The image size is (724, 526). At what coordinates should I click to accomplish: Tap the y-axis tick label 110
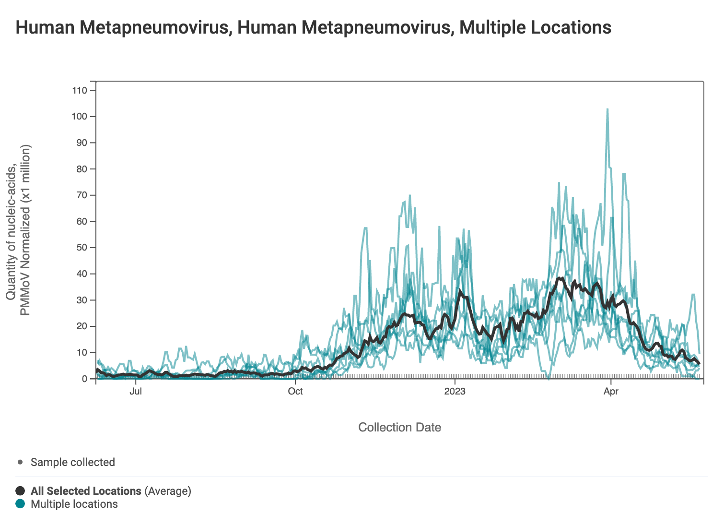tap(80, 90)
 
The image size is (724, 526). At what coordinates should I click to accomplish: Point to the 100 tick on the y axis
tap(80, 117)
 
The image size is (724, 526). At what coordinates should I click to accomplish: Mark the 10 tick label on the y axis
tap(82, 353)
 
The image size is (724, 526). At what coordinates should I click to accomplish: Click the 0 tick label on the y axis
tap(84, 379)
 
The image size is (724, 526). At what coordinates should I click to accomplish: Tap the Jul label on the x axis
tap(136, 392)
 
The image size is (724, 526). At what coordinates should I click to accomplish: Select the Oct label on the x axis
tap(295, 392)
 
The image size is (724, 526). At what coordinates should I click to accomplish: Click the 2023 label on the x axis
tap(455, 392)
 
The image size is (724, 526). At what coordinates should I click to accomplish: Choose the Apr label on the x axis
tap(611, 392)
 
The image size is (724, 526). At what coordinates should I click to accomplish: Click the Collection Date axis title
tap(399, 427)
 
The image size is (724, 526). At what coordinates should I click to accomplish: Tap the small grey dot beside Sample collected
tap(20, 462)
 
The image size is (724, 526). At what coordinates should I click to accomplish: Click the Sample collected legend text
tap(73, 462)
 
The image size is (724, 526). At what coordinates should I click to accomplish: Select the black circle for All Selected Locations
tap(20, 491)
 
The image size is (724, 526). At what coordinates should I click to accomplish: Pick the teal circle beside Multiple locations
tap(20, 504)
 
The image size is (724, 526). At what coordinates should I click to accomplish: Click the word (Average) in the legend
tap(168, 491)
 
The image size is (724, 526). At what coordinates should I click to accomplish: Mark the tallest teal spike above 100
tap(607, 109)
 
